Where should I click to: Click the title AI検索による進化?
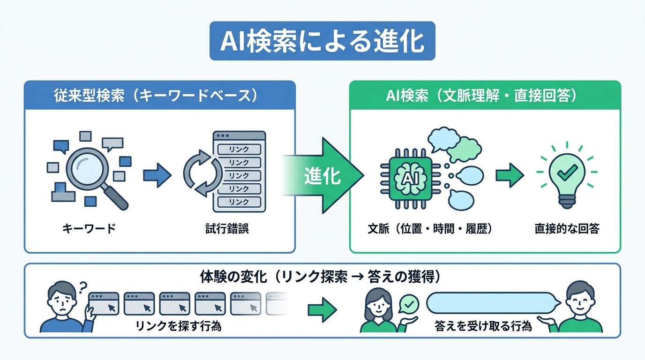tap(322, 41)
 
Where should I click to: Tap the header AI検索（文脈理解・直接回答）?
tap(485, 95)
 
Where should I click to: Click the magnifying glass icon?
tap(94, 173)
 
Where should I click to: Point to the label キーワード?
tap(89, 229)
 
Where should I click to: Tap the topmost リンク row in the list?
tap(239, 150)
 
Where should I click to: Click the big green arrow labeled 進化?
tap(323, 176)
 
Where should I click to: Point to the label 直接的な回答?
tap(567, 229)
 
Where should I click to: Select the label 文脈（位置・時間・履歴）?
tap(430, 229)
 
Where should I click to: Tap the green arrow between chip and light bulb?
tap(510, 174)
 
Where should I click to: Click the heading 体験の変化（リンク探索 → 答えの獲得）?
tap(322, 277)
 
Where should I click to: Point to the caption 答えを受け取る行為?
tap(483, 326)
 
